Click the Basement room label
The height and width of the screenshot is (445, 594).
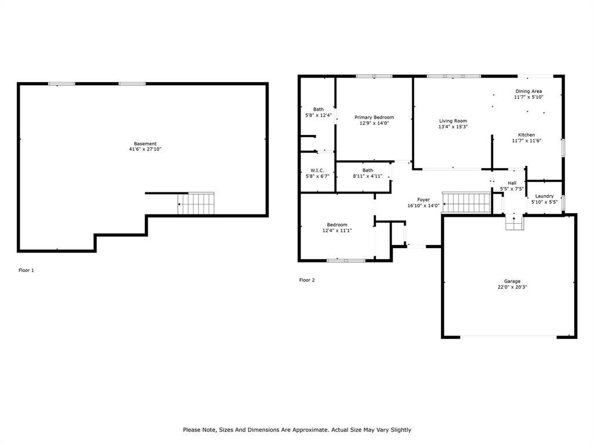coord(145,144)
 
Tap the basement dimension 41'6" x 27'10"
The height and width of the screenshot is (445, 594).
coord(145,149)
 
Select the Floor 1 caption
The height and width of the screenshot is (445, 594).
coord(26,270)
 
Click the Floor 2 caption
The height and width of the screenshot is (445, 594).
coord(307,280)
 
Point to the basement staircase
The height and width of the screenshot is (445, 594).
coord(196,203)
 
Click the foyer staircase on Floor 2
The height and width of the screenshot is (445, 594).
coord(467,203)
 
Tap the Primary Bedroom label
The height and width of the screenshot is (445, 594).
coord(374,117)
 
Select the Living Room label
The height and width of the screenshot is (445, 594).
coord(453,121)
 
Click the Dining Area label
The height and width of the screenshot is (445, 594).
coord(528,91)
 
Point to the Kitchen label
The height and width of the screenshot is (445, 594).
coord(527,135)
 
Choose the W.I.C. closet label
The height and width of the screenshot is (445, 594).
coord(317,171)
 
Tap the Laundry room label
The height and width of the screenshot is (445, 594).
coord(544,196)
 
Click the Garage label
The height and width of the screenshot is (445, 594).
coord(512,281)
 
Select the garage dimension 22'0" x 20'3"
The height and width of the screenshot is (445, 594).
coord(512,287)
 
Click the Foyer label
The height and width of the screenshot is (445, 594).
coord(423,200)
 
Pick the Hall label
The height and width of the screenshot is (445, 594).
coord(512,183)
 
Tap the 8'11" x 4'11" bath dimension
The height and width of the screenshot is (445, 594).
coord(367,176)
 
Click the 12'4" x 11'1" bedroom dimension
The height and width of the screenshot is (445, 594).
coord(337,231)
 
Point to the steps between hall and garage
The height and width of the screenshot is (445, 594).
coord(515,222)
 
